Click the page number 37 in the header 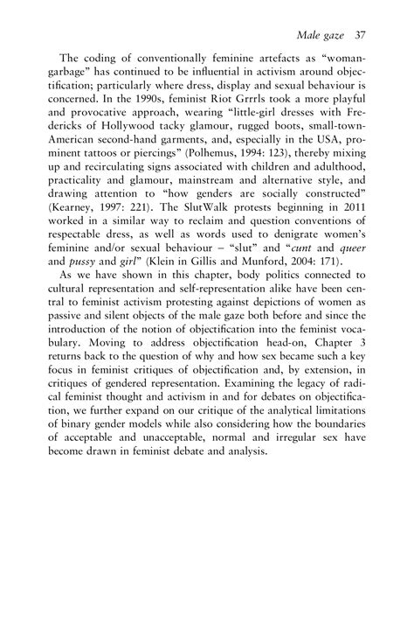[359, 36]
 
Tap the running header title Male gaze [320, 36]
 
